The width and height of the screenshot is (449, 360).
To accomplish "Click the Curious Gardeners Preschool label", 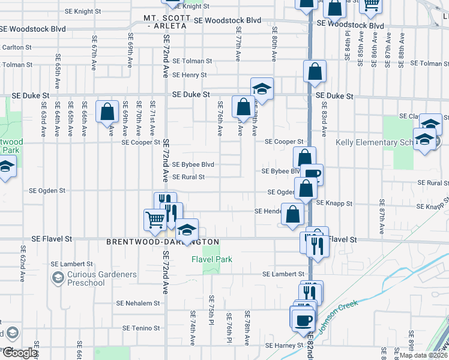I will [101, 278].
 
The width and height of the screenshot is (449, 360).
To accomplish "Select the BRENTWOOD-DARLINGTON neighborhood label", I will [162, 241].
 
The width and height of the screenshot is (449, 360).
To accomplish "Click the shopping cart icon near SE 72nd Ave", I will [155, 220].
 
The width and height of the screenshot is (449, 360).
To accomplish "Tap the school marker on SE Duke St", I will [262, 89].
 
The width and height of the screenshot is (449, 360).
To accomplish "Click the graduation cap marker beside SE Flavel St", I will [187, 230].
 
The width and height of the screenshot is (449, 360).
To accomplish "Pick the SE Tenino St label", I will [141, 328].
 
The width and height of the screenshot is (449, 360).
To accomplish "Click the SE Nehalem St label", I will [137, 304].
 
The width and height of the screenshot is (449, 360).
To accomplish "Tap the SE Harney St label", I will [285, 346].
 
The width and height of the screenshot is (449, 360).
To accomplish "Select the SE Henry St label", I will [189, 75].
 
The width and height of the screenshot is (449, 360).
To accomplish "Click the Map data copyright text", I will [423, 355].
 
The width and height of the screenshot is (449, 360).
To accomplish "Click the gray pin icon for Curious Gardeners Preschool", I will [58, 277].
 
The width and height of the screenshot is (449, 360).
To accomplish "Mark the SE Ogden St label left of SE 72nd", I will [47, 191].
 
